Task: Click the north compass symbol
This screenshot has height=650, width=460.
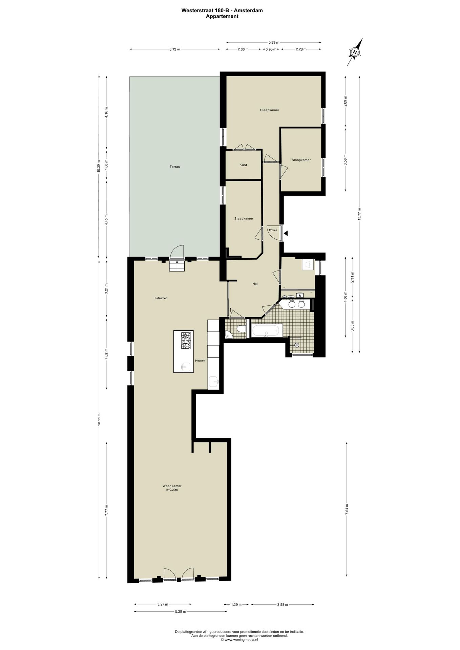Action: click(x=355, y=52)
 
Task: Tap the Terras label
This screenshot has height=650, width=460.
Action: click(x=175, y=167)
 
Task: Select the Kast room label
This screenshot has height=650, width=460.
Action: click(x=243, y=165)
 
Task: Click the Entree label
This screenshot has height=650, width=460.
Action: click(x=273, y=230)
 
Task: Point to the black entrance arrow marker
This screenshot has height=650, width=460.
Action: click(x=286, y=233)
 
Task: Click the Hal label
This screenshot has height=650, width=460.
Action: click(x=255, y=284)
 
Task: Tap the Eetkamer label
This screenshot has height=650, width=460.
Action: click(x=161, y=298)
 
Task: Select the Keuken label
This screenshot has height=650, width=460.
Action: click(x=200, y=361)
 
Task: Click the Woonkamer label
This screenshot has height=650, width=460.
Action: click(x=172, y=486)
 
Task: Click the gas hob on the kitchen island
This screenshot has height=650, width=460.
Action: click(x=186, y=341)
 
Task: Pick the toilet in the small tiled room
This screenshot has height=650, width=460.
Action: click(x=242, y=329)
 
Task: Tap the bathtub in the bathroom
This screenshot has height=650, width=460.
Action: click(x=267, y=330)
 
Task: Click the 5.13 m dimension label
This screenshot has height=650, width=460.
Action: click(x=174, y=49)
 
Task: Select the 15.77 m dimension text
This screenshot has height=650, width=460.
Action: click(x=359, y=214)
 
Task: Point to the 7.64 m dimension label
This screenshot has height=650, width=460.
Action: click(x=347, y=509)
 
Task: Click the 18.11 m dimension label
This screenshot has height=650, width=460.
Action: click(x=99, y=419)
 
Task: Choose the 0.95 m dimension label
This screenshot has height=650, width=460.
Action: click(x=271, y=49)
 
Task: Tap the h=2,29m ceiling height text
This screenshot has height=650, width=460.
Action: click(x=172, y=490)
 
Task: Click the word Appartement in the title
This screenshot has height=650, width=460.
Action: click(x=222, y=16)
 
